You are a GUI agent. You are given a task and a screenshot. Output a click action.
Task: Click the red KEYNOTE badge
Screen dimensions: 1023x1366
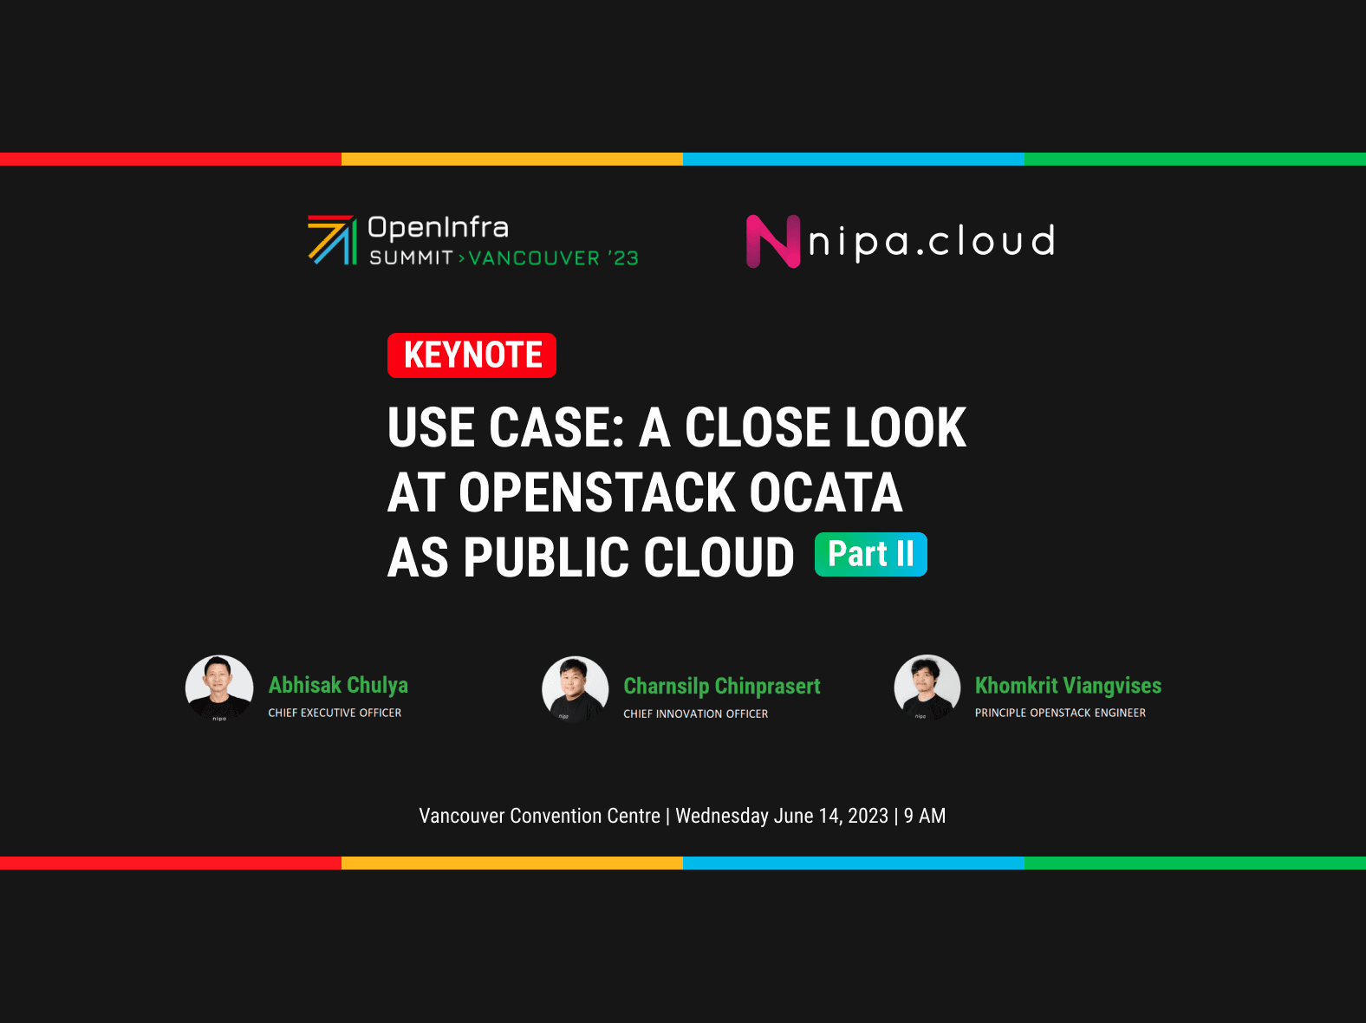(x=472, y=355)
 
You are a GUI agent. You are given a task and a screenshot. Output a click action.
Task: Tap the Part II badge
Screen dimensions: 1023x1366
(x=870, y=555)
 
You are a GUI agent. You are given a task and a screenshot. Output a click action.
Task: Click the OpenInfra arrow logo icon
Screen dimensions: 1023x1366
(x=332, y=240)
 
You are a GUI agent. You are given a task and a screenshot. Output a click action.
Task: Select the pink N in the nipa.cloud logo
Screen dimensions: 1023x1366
(x=772, y=241)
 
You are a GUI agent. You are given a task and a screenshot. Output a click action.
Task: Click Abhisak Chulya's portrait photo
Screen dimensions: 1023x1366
(x=219, y=688)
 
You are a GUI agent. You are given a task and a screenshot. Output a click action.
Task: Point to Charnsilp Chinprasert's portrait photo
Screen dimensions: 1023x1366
(x=576, y=689)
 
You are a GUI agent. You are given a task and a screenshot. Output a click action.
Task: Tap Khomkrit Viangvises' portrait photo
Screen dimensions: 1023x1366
(x=927, y=688)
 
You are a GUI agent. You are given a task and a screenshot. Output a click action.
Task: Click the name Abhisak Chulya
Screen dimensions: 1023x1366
(x=338, y=685)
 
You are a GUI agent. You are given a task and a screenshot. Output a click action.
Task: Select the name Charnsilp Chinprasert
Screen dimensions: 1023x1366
(x=722, y=686)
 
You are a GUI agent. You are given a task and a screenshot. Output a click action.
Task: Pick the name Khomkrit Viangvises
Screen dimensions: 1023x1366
(x=1068, y=685)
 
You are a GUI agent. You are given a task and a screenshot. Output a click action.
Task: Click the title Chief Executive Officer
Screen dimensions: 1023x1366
(x=335, y=713)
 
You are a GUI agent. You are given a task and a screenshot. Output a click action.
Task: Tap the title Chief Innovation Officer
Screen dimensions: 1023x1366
(x=696, y=713)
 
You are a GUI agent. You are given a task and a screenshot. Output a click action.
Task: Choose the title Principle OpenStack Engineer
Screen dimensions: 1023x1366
(x=1060, y=713)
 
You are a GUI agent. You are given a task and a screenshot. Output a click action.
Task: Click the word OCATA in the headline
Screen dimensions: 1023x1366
(x=825, y=492)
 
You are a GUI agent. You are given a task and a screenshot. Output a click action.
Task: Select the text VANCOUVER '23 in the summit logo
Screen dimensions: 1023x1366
(x=553, y=258)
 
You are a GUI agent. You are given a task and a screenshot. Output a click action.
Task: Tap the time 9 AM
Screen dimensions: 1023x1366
(x=925, y=816)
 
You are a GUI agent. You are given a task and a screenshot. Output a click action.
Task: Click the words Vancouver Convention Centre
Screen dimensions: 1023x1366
(x=539, y=816)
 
